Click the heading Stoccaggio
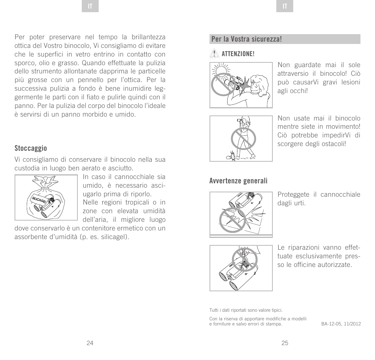pos(31,148)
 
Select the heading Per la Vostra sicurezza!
pos(246,39)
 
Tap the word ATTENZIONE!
pos(238,54)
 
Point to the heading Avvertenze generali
pos(238,181)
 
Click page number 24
pos(90,343)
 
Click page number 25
pos(285,343)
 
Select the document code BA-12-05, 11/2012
pos(341,324)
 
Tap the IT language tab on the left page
pos(90,7)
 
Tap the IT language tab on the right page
pos(285,7)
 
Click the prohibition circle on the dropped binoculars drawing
pos(232,219)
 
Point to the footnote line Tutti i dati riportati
pos(246,310)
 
